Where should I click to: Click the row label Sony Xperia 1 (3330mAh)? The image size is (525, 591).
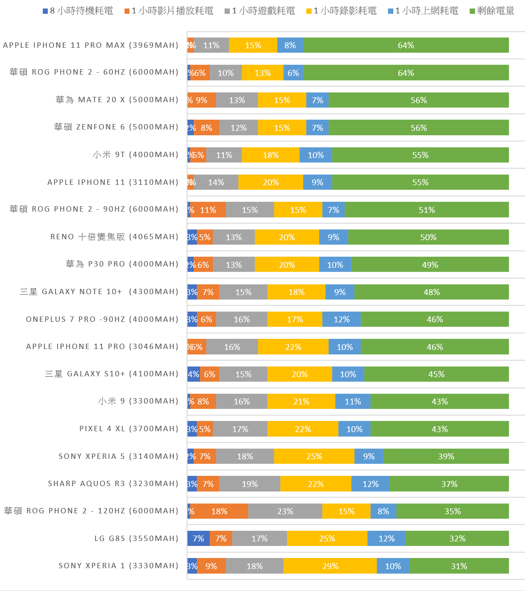pos(118,566)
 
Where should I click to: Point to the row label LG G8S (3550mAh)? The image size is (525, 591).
pos(136,538)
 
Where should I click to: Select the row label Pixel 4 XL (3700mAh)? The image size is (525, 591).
pos(129,429)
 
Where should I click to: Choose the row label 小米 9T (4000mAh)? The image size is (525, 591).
pos(135,154)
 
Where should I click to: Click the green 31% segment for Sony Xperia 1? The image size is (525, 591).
pos(459,566)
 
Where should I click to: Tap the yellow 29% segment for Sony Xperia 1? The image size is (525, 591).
pos(330,566)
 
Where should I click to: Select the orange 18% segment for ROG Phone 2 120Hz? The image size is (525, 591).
pos(219,511)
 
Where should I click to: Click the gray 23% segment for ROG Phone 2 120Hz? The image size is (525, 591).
pos(285,511)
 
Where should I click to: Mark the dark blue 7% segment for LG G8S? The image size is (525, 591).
pos(198,538)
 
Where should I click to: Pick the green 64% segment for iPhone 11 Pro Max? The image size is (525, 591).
pos(406,45)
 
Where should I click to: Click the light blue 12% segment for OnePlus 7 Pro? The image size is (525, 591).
pos(342,319)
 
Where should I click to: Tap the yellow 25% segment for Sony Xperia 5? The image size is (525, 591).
pos(314,456)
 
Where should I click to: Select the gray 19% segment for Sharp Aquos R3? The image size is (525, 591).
pos(250,484)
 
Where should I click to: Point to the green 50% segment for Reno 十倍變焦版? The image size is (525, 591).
pos(428,237)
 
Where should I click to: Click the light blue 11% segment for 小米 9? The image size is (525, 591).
pos(353,401)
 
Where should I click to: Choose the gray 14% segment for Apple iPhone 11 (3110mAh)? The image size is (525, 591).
pos(216,182)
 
